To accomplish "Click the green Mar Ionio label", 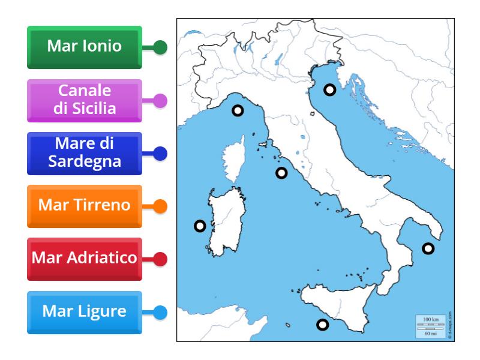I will point(85,47).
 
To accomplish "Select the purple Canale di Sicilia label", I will point(85,100).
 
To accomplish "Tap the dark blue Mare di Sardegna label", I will point(85,153).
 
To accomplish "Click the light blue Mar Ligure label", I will point(85,312).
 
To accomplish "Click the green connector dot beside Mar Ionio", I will point(160,47).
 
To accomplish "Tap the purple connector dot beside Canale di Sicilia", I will point(160,101).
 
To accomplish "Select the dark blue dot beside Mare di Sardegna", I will point(160,154).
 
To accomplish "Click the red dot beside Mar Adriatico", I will point(160,259).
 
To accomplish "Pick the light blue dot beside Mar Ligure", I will point(160,313).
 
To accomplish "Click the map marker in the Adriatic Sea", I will point(329,90).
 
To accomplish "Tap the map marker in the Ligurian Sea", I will point(238,110).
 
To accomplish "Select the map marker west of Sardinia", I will point(200,226).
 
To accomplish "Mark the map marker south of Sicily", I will point(322,325).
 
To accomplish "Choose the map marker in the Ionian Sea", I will point(428,248).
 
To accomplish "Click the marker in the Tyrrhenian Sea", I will point(281,173).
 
